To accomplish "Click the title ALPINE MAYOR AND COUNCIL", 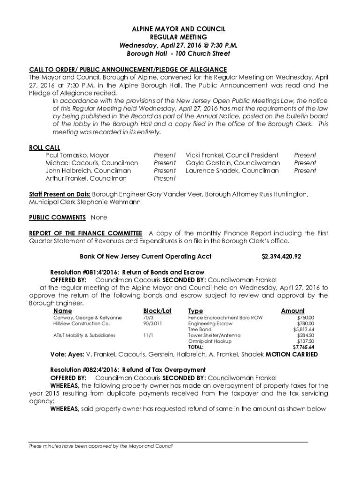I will click(x=180, y=29).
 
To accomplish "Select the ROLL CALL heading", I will click(x=44, y=147).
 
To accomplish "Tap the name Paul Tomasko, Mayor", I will click(x=77, y=155).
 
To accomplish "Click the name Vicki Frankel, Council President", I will click(x=232, y=155).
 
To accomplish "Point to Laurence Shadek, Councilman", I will click(x=232, y=171).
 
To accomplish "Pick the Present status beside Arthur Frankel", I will click(x=165, y=179).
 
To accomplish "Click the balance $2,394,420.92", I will click(x=281, y=257).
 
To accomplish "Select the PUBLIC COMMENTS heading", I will click(x=57, y=218).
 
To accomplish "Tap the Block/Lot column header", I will click(x=157, y=311).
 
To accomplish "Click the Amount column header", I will click(x=293, y=311).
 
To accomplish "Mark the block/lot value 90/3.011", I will click(x=152, y=323).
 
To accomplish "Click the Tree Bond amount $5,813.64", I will click(x=303, y=329).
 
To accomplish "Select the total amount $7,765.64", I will click(x=303, y=347).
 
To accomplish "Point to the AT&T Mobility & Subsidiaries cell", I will click(x=85, y=335).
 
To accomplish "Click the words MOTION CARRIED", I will click(x=292, y=355).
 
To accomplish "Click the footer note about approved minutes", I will click(x=101, y=446).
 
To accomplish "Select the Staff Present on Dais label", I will click(x=59, y=194).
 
